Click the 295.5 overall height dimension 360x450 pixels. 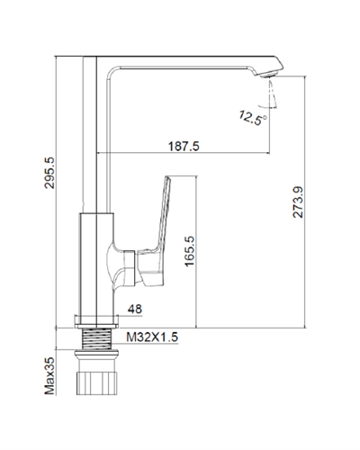(x=49, y=173)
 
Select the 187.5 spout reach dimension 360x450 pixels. (x=184, y=147)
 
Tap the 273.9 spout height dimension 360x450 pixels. (x=298, y=202)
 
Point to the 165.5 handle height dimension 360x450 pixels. (x=190, y=251)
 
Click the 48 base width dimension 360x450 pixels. (x=135, y=309)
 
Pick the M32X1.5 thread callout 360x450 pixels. (x=152, y=337)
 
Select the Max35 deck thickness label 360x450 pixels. (x=49, y=375)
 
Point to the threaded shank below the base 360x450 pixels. (x=96, y=339)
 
